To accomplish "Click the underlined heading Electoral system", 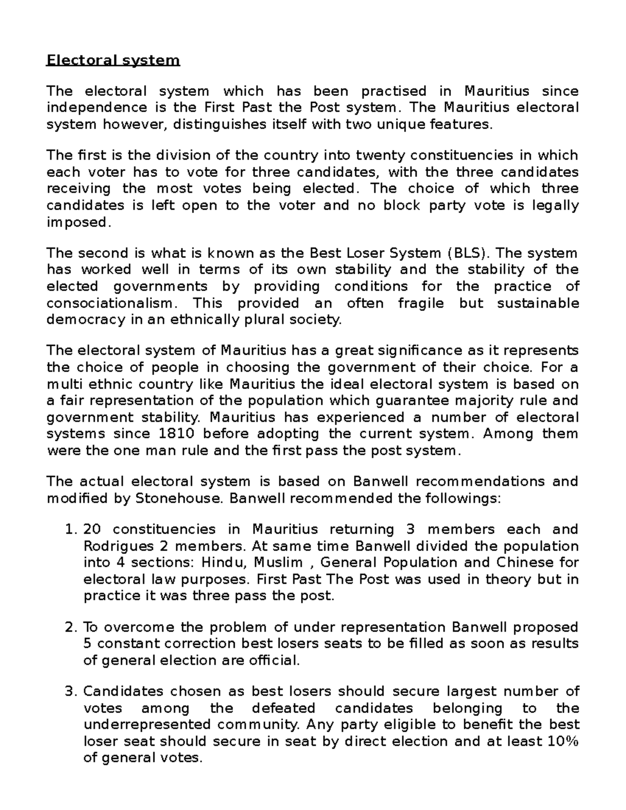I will [113, 61].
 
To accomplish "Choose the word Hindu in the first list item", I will [222, 563].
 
